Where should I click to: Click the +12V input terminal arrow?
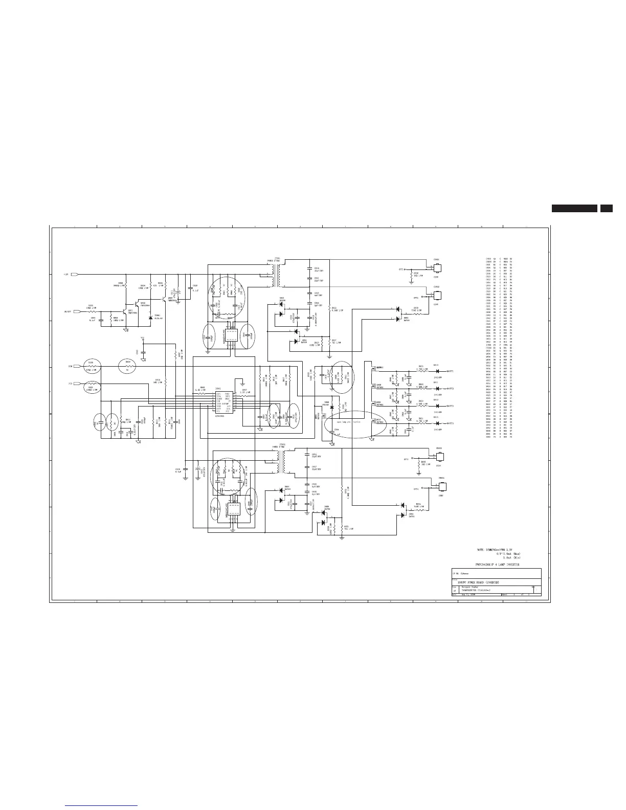(74, 275)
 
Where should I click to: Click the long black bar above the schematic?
(574, 209)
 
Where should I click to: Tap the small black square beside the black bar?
(606, 209)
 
